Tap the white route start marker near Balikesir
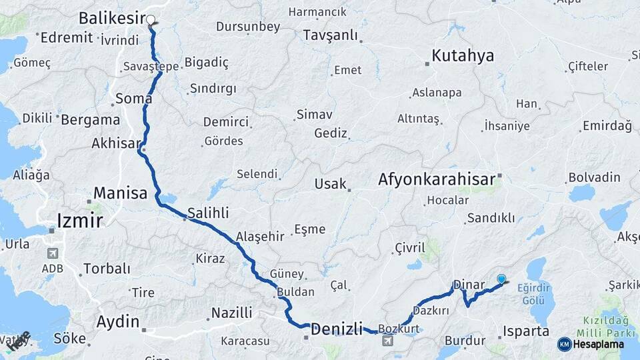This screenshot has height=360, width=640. coord(151,20)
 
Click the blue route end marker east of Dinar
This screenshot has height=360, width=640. coord(501,279)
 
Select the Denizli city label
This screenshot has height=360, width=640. coord(337,328)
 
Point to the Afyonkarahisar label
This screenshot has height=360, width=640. coord(437,179)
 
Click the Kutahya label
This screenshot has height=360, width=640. coord(463,55)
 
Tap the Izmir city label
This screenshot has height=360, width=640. coord(79,220)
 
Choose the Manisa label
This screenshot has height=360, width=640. coord(120,193)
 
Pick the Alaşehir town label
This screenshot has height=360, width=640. coord(260,236)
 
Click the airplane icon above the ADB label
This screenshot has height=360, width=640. coord(53,254)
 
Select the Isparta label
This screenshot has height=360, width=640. coord(526,331)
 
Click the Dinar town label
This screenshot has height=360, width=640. coord(468,285)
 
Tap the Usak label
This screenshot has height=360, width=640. coord(331,183)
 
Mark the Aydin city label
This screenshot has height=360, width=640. coord(118,321)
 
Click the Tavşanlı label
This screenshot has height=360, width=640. coord(330,35)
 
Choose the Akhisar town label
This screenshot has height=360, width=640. coord(116,143)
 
